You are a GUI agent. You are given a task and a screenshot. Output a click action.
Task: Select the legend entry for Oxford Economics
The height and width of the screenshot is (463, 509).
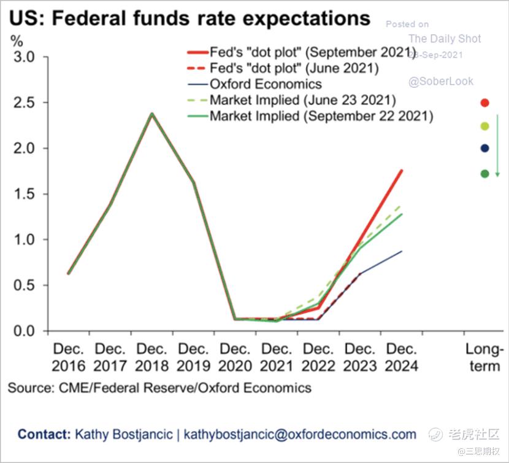(266, 84)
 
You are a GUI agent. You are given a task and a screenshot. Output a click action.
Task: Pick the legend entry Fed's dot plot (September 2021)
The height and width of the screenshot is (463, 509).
(308, 52)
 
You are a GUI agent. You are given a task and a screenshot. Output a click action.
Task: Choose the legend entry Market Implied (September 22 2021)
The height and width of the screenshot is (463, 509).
(321, 115)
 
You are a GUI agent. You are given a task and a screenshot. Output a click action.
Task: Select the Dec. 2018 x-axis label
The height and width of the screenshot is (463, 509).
(152, 357)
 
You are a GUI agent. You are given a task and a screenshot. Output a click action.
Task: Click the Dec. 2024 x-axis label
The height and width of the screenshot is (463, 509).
(402, 357)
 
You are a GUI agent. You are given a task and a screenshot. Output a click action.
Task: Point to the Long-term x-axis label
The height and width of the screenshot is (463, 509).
(484, 357)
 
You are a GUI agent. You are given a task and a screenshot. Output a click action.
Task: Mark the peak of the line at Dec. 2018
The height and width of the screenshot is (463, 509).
(152, 114)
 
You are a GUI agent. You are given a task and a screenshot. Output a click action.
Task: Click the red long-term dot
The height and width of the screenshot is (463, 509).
(484, 103)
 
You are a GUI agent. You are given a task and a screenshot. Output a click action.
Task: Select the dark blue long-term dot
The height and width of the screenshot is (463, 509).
(484, 148)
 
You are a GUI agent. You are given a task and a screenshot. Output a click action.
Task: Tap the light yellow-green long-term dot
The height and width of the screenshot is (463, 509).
(484, 126)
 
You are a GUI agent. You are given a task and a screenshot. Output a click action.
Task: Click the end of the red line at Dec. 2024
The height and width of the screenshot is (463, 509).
(402, 171)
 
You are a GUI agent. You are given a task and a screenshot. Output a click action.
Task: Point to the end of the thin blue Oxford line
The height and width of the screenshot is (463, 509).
(402, 251)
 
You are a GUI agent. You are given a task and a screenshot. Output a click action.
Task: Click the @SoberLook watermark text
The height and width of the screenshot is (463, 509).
(441, 81)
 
